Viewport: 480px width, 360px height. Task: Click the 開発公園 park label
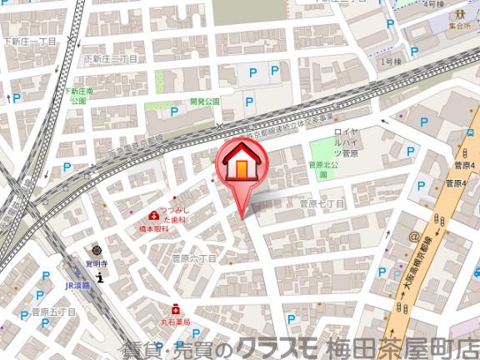tap(203, 102)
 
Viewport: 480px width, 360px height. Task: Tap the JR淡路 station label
tap(77, 282)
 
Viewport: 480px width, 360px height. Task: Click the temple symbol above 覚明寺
tap(97, 250)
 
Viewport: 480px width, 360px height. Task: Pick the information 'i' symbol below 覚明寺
tap(99, 277)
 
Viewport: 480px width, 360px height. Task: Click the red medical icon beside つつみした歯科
tap(152, 215)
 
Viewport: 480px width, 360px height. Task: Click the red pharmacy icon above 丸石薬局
tap(176, 307)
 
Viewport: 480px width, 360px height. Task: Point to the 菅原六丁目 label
tap(193, 259)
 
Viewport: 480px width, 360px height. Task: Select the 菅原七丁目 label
tap(322, 202)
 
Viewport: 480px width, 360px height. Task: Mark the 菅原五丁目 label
tap(53, 312)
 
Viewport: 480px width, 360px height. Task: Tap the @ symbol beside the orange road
tap(413, 237)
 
